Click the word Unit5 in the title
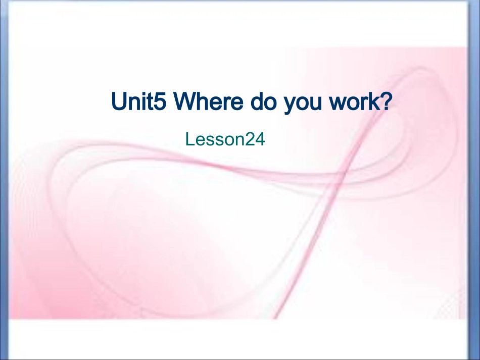[x=138, y=102]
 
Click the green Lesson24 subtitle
[x=225, y=139]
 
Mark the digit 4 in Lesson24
[x=260, y=139]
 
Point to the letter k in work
[x=372, y=102]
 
